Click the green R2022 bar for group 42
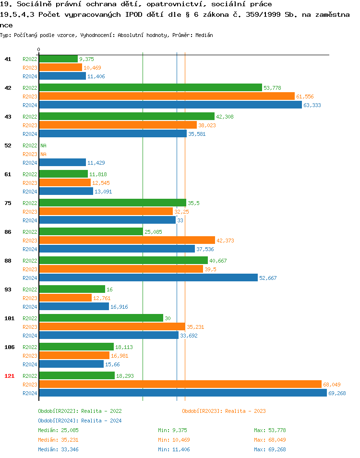coord(150,87)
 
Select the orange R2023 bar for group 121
coord(180,384)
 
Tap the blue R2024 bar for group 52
coord(62,162)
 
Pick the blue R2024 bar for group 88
coord(148,277)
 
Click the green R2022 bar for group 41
coord(58,59)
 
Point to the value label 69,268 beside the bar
coord(337,393)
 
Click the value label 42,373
coord(225,241)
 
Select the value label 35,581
coord(197,134)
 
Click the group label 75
coord(8,203)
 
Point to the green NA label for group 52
coord(43,145)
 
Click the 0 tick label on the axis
coord(39,49)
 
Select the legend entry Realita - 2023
coord(224,411)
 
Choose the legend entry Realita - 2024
coord(80,421)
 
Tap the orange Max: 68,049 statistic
coord(270,440)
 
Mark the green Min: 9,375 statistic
coord(176,430)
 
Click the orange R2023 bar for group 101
coord(112,326)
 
